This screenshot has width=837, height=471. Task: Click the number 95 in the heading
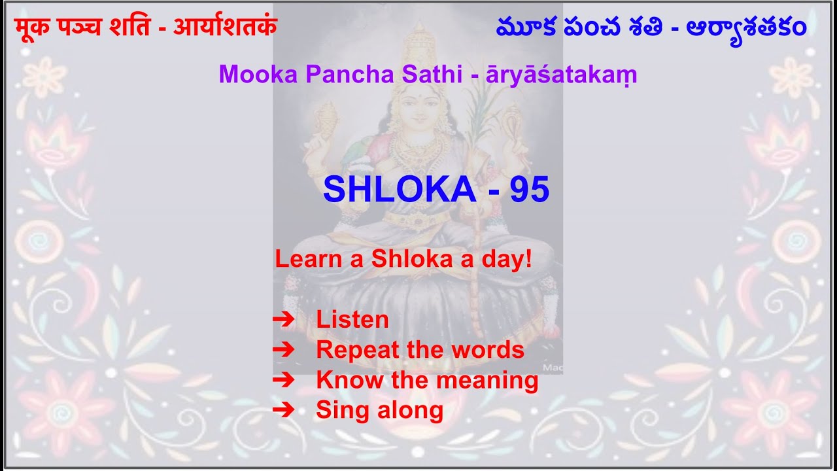[x=530, y=190]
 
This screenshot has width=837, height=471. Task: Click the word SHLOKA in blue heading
[x=399, y=190]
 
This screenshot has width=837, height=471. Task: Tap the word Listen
[x=352, y=320]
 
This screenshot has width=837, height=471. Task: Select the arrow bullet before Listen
[x=283, y=320]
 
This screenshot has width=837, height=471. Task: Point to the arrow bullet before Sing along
[x=283, y=410]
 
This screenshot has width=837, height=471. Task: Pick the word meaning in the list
[x=496, y=380]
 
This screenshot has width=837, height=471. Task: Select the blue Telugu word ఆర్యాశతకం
[x=746, y=27]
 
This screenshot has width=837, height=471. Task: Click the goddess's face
[x=418, y=105]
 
